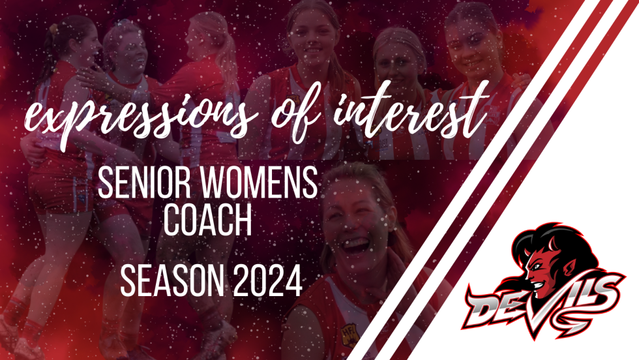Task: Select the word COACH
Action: coord(207,222)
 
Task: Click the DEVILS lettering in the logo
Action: coord(541,300)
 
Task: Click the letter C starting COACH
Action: coord(173,222)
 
